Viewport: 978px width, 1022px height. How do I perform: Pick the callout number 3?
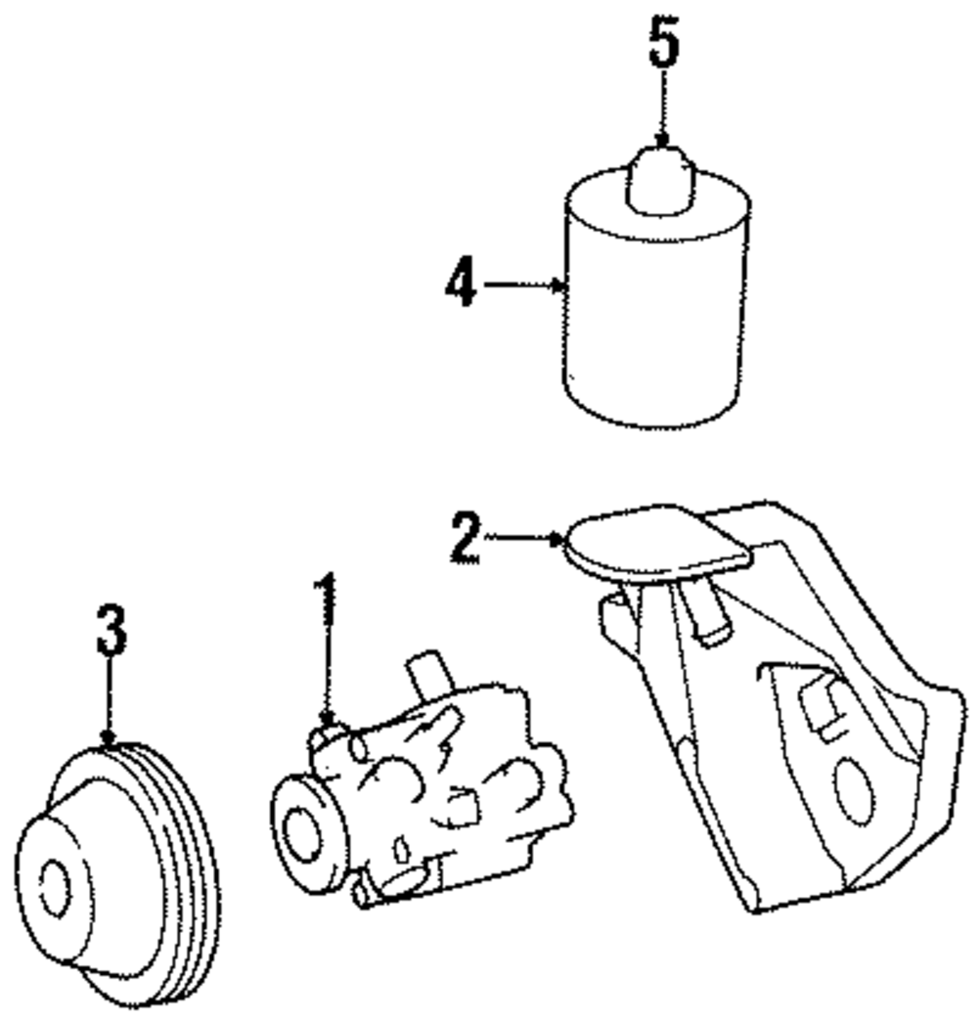click(111, 631)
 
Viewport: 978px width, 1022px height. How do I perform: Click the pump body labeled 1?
click(440, 782)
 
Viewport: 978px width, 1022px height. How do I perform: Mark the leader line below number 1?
click(328, 675)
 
